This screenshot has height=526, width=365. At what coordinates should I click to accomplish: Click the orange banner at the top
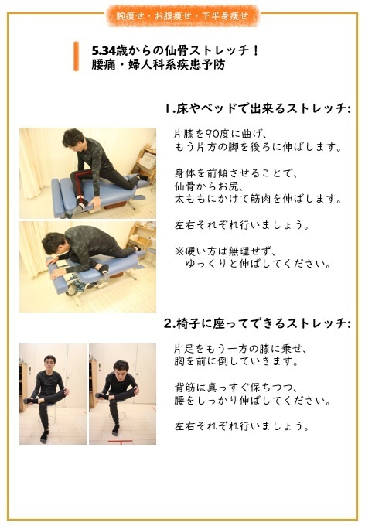[x=182, y=15]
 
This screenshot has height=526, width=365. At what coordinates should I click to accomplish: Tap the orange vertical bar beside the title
[x=76, y=56]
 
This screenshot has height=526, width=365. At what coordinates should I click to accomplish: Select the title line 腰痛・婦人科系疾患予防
[x=148, y=65]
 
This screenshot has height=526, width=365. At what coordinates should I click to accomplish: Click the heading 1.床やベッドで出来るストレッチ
[x=258, y=108]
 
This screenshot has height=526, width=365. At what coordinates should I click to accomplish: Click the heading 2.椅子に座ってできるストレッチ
[x=258, y=322]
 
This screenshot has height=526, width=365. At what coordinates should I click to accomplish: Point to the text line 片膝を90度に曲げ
[x=220, y=133]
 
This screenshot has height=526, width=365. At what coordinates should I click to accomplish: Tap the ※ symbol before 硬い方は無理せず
[x=179, y=251]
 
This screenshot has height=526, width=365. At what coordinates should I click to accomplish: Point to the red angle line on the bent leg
[x=76, y=188]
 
